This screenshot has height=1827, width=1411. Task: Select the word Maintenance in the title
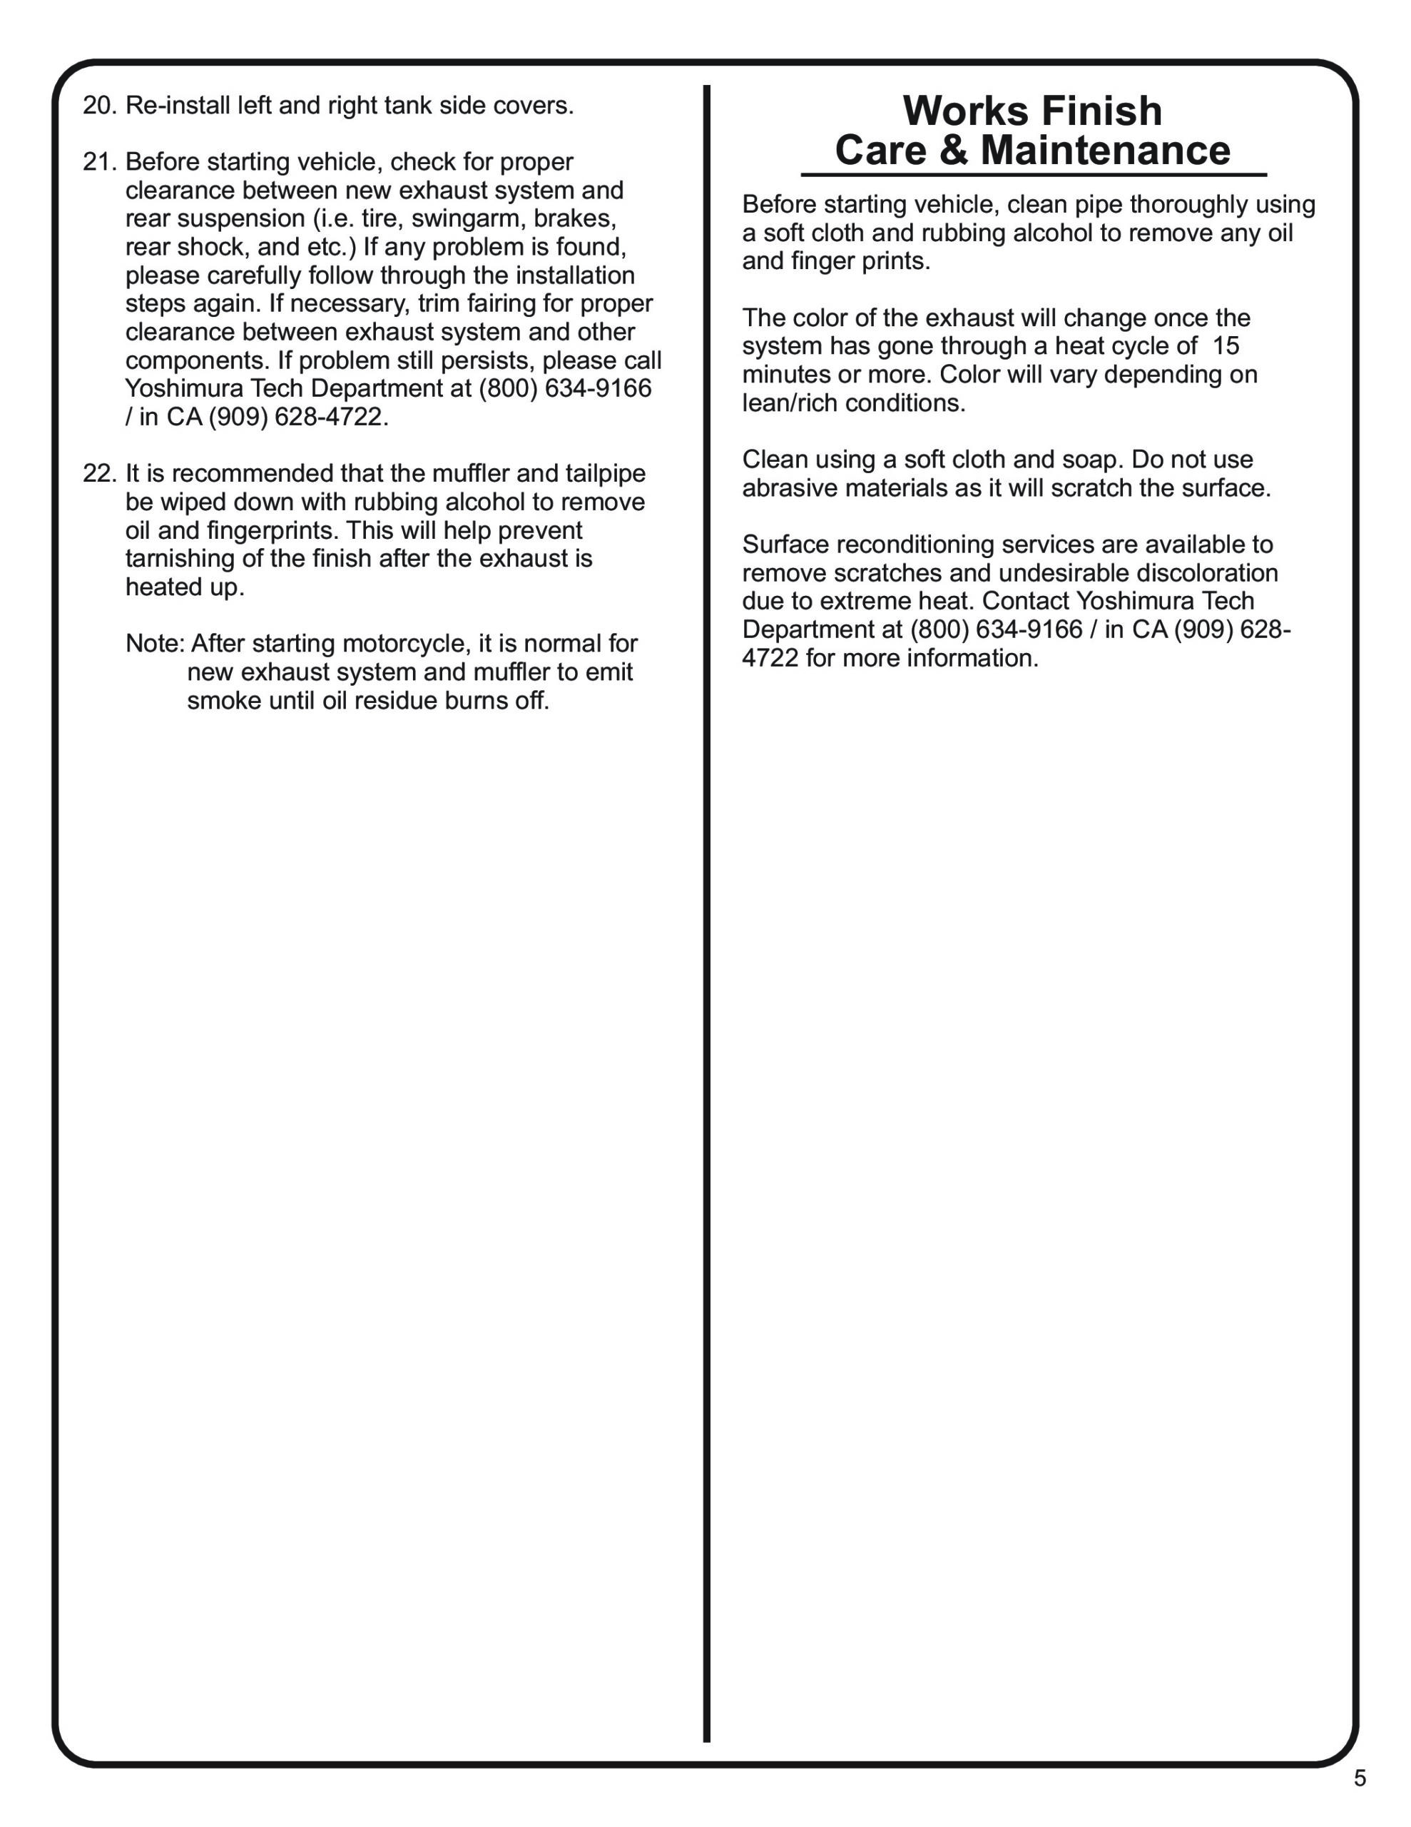[x=1105, y=151]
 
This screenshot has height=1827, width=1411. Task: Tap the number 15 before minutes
[x=1226, y=346]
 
